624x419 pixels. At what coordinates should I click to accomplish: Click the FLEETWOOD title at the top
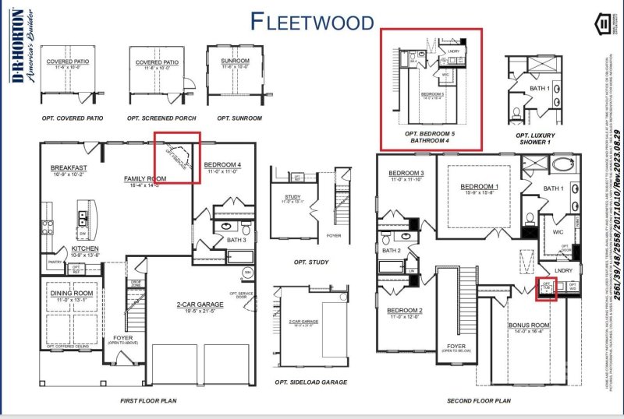(x=312, y=21)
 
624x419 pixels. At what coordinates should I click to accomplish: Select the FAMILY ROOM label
(x=145, y=178)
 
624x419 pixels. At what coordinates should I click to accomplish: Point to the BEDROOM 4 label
(x=223, y=165)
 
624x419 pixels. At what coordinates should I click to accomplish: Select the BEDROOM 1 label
(x=480, y=187)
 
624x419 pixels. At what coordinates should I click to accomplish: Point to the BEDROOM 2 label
(x=405, y=311)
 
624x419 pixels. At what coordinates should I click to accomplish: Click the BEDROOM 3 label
(x=406, y=173)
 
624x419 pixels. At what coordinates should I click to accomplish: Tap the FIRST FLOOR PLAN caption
(x=148, y=401)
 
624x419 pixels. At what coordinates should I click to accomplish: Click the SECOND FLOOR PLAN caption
(x=479, y=401)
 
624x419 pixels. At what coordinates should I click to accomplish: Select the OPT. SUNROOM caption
(x=239, y=118)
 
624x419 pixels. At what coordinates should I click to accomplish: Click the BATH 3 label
(x=236, y=240)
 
